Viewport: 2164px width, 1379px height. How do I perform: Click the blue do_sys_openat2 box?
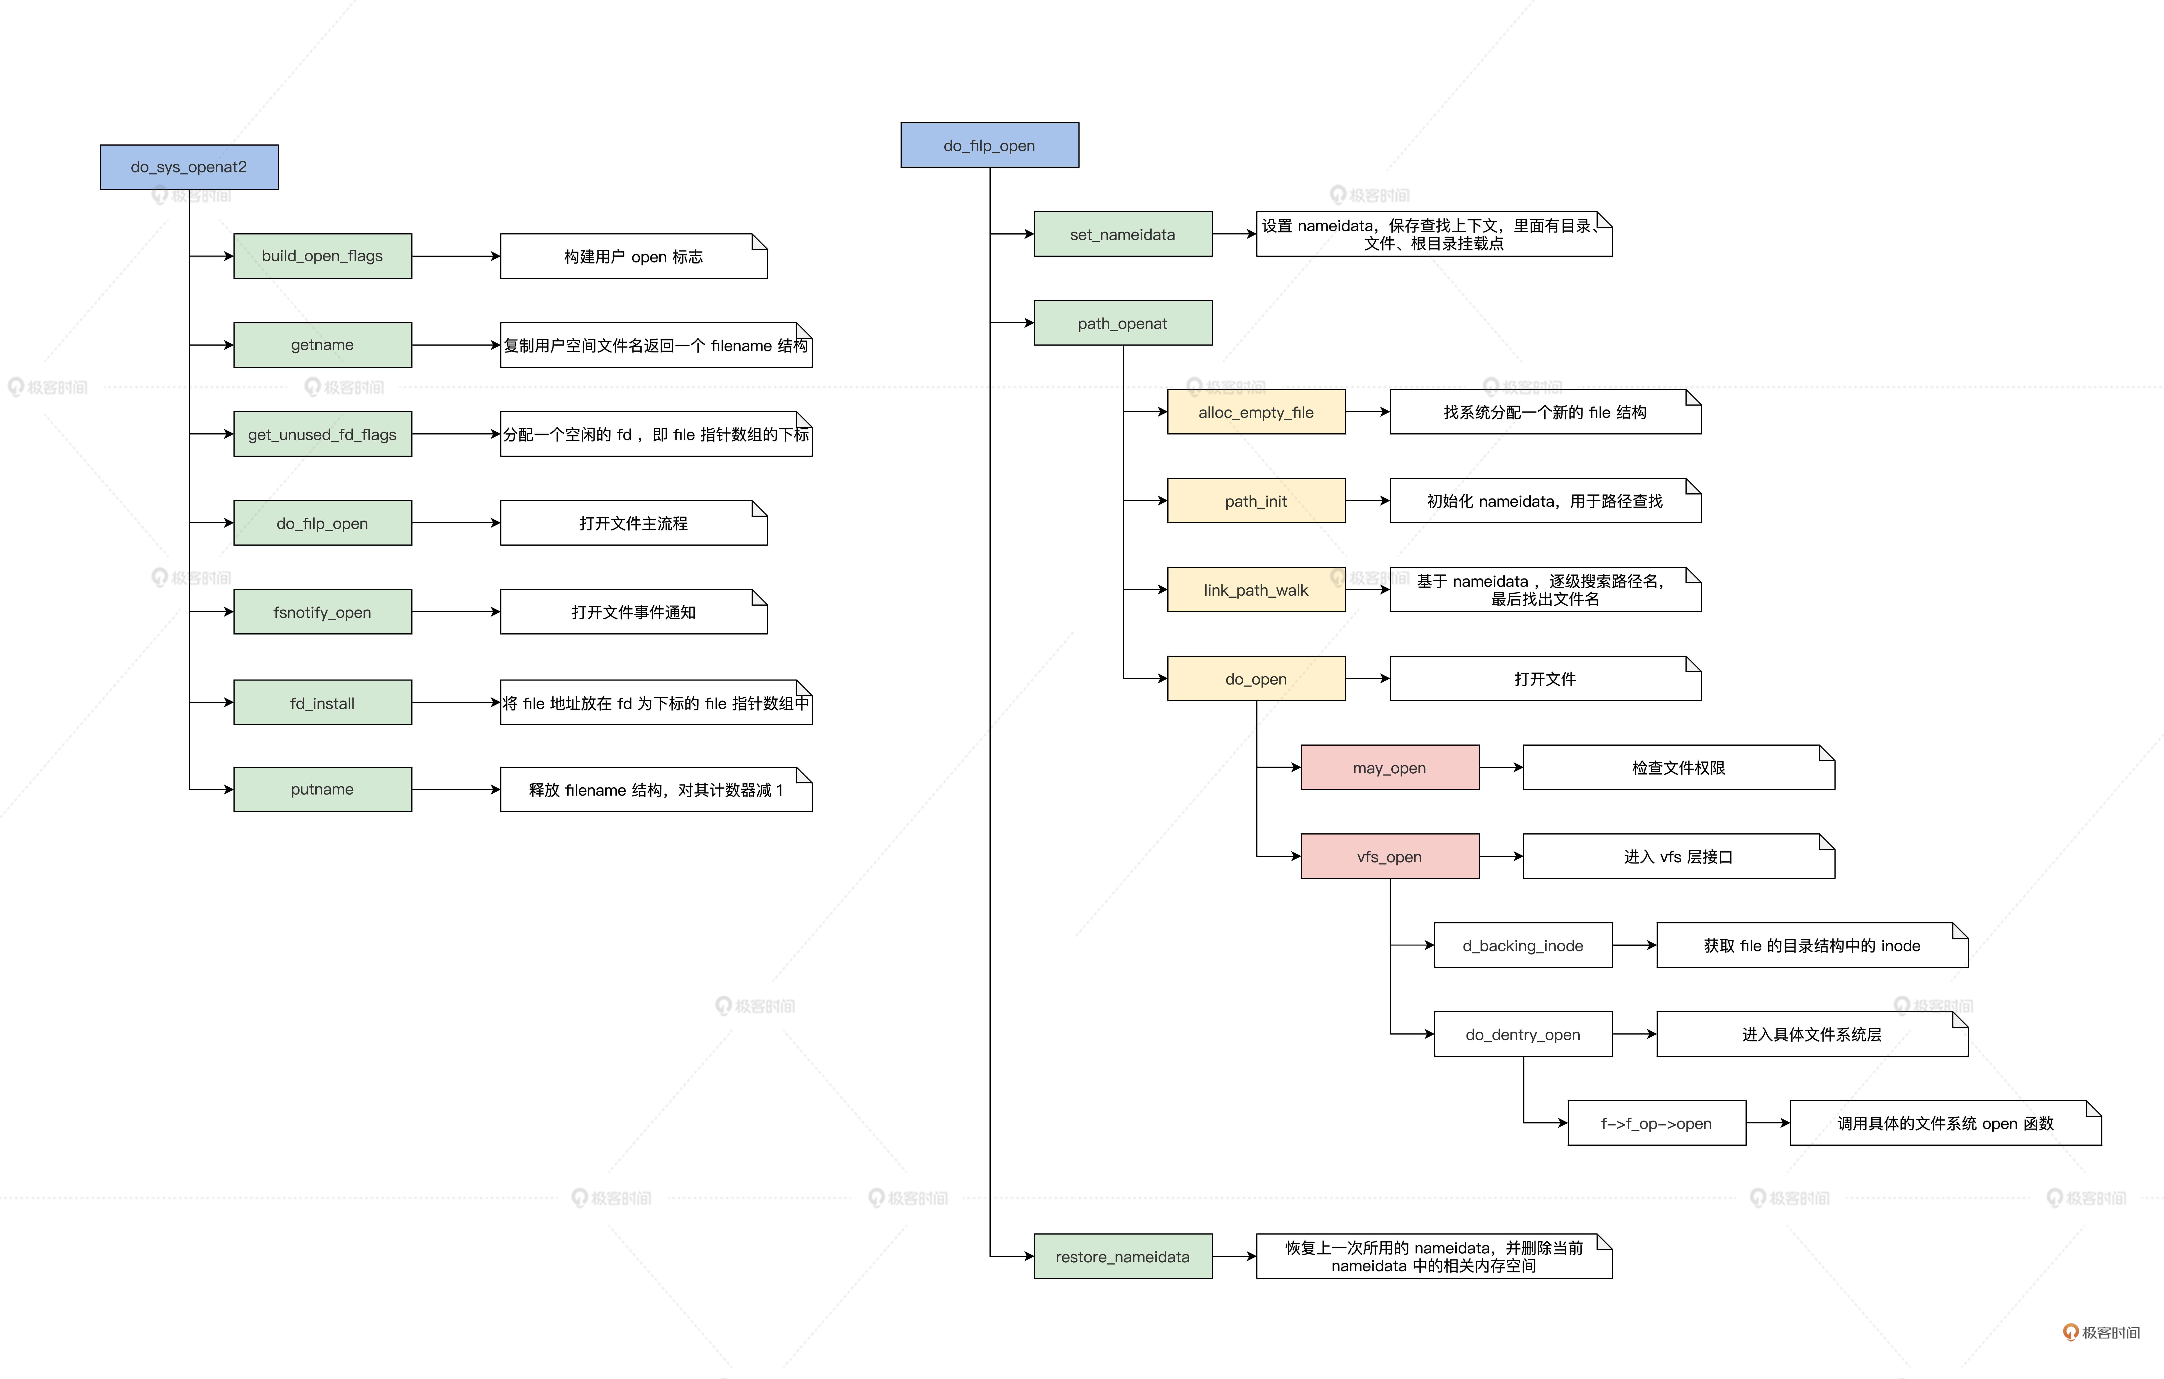[189, 167]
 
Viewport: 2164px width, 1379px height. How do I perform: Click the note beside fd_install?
[656, 703]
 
